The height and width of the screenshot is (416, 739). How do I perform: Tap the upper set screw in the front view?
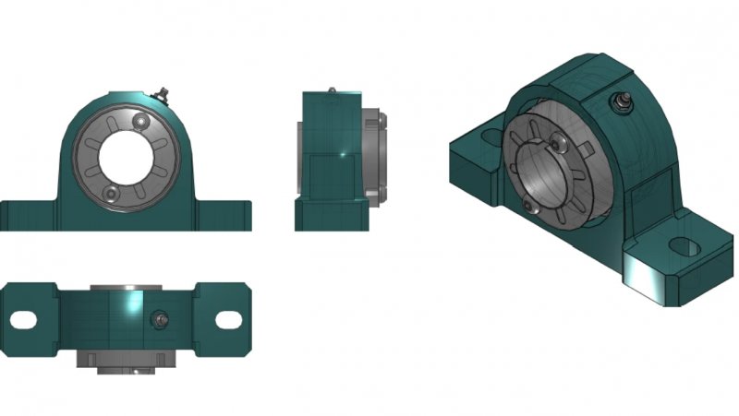[x=139, y=121]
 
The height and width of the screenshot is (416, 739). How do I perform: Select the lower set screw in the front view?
[x=111, y=192]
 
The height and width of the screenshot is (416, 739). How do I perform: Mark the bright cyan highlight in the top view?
[x=129, y=305]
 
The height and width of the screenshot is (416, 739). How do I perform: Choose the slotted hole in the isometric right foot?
[x=685, y=247]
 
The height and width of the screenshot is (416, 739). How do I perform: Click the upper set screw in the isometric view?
[x=561, y=140]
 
